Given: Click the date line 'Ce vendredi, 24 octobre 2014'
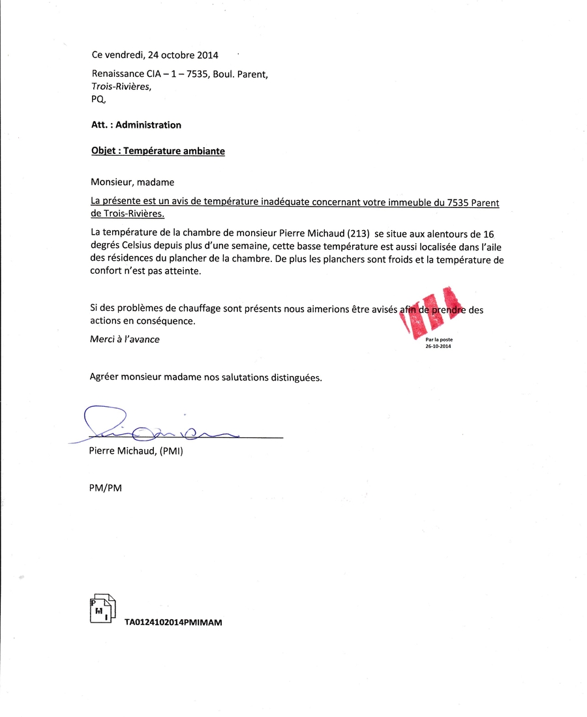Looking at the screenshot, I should pyautogui.click(x=155, y=55).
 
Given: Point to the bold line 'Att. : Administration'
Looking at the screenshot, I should pyautogui.click(x=136, y=124).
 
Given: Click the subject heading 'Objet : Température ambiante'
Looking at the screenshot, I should pyautogui.click(x=158, y=151).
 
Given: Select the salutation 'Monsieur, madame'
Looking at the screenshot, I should pyautogui.click(x=132, y=182).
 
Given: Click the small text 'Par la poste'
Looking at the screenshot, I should pyautogui.click(x=438, y=340).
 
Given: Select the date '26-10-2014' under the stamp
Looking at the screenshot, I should pyautogui.click(x=438, y=347).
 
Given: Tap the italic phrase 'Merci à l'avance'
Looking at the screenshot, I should pyautogui.click(x=125, y=339).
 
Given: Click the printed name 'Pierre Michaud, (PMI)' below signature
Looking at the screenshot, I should pyautogui.click(x=136, y=450).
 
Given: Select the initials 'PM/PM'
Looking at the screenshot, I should pyautogui.click(x=105, y=487).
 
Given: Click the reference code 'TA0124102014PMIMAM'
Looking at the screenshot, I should pyautogui.click(x=173, y=622).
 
